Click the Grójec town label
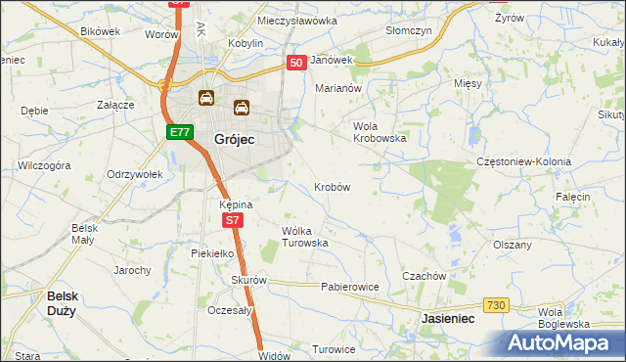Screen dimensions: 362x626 234,140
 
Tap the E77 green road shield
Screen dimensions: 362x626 178,132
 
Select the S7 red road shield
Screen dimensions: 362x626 232,221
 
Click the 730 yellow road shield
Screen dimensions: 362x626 496,306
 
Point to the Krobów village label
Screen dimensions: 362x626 332,186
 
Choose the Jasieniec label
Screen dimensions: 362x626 448,319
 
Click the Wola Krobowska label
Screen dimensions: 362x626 379,132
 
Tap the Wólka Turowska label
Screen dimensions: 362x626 304,236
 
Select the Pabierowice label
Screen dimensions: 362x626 349,287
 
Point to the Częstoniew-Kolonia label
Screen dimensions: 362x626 522,161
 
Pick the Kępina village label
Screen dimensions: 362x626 236,204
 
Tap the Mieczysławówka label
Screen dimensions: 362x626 296,20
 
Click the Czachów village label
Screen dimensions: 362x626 424,276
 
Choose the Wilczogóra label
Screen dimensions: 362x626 44,166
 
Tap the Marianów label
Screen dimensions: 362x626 337,87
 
